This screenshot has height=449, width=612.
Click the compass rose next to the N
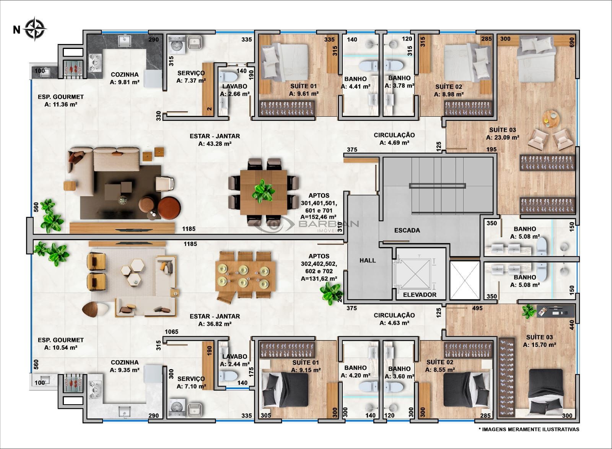[x=35, y=29]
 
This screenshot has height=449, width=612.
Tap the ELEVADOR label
[x=420, y=295]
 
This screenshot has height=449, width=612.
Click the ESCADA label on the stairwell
[x=407, y=230]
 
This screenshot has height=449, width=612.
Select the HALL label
[x=368, y=260]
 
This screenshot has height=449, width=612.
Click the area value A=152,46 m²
[x=319, y=217]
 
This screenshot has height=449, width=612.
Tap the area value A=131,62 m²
[x=319, y=279]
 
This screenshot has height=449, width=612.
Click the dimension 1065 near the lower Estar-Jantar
[x=172, y=332]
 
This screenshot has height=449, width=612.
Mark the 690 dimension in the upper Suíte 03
[x=572, y=42]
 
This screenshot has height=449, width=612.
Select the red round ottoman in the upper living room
[x=169, y=208]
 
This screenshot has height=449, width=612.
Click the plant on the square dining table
[x=263, y=191]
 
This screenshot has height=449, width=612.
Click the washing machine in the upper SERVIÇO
[x=176, y=45]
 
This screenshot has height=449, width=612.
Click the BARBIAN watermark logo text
[x=329, y=224]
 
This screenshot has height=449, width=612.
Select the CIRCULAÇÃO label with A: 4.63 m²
[x=394, y=319]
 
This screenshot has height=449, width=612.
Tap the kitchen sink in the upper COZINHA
[x=125, y=41]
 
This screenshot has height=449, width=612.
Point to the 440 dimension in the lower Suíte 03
[x=572, y=325]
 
